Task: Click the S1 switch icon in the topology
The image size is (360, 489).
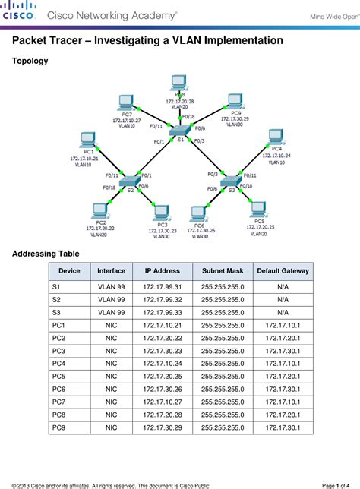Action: (x=181, y=130)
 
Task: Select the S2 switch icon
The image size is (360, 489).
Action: (x=131, y=180)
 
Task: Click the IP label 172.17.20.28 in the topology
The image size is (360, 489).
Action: (x=180, y=101)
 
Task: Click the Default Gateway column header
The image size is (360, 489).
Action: (x=283, y=271)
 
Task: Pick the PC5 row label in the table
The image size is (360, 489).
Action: (x=59, y=376)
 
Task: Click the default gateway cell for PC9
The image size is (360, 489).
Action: (x=283, y=428)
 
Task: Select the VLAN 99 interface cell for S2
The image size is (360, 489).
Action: (x=111, y=300)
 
